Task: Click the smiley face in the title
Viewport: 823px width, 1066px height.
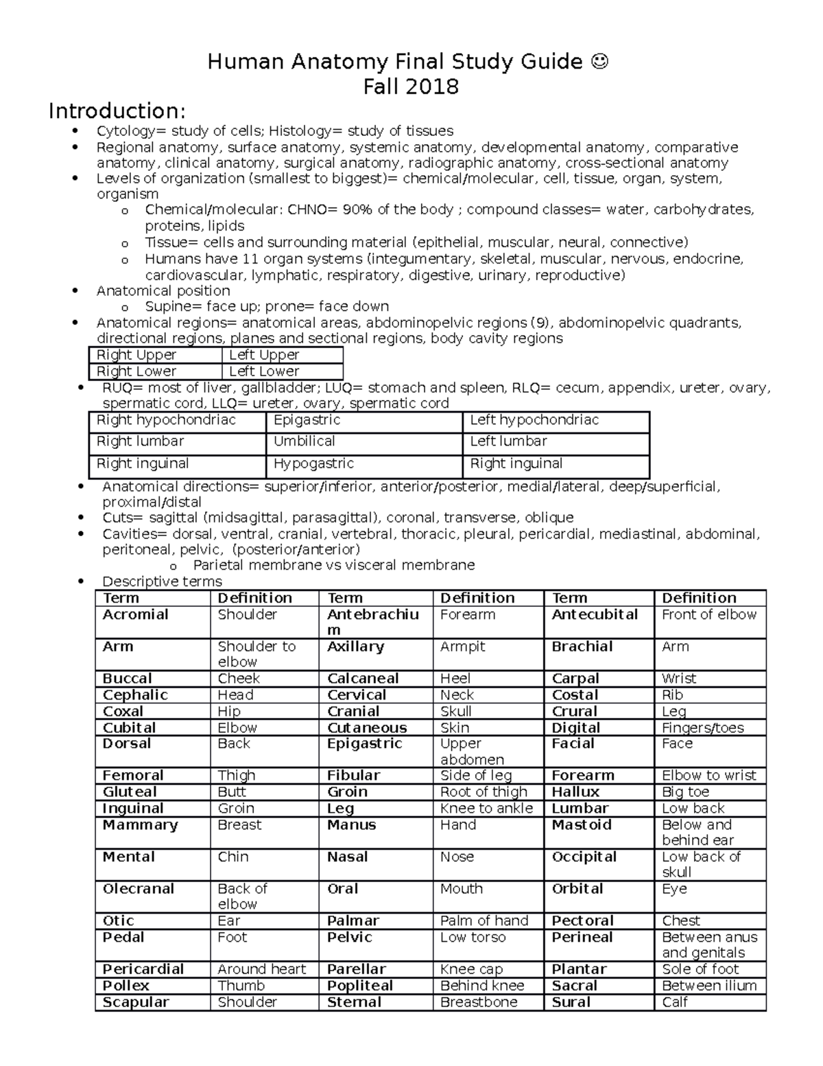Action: pyautogui.click(x=599, y=62)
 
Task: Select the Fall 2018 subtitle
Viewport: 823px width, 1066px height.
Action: pyautogui.click(x=411, y=87)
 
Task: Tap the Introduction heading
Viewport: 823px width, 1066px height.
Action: pyautogui.click(x=117, y=111)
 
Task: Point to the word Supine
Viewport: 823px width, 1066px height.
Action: pyautogui.click(x=167, y=306)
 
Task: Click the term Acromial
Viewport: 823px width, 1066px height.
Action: pyautogui.click(x=135, y=614)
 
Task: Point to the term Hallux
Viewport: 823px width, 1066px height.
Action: pyautogui.click(x=575, y=792)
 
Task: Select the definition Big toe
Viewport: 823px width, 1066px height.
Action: pyautogui.click(x=686, y=792)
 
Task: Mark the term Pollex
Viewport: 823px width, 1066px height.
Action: pyautogui.click(x=126, y=986)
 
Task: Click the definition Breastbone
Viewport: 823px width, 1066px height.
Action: pyautogui.click(x=479, y=1002)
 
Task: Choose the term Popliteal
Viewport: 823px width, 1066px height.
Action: pyautogui.click(x=360, y=986)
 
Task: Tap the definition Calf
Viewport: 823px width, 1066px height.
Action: pyautogui.click(x=675, y=1002)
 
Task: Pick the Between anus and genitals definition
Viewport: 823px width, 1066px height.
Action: pyautogui.click(x=710, y=945)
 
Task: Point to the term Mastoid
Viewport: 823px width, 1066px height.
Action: pyautogui.click(x=582, y=825)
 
